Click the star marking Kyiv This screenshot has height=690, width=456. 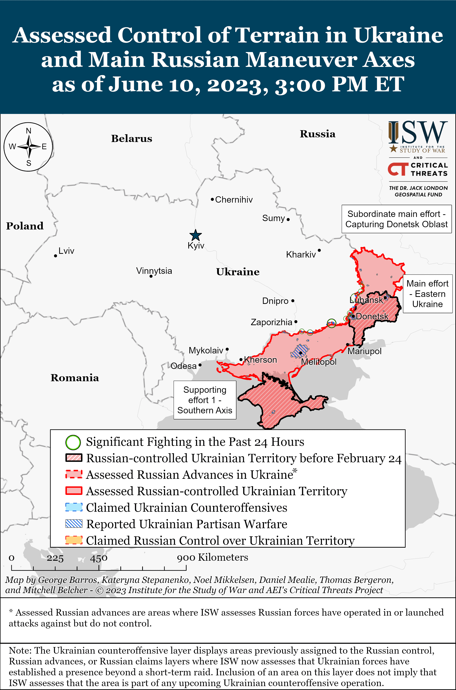pyautogui.click(x=195, y=235)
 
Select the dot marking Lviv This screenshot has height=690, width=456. pyautogui.click(x=55, y=256)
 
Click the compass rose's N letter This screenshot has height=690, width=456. pyautogui.click(x=28, y=131)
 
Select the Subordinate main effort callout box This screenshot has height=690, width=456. pyautogui.click(x=396, y=219)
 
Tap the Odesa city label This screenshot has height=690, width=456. pyautogui.click(x=183, y=366)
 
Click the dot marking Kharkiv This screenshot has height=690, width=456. pyautogui.click(x=319, y=250)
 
